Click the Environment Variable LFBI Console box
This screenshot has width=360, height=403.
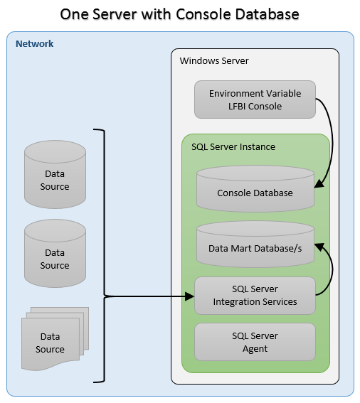coord(255,100)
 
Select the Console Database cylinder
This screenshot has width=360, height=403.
coord(255,189)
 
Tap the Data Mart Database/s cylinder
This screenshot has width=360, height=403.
coord(255,245)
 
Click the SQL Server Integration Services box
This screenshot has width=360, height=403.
coord(255,296)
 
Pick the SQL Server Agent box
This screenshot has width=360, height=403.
coord(255,342)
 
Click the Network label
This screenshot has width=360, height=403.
coord(34,43)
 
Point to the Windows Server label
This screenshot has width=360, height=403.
coord(214,61)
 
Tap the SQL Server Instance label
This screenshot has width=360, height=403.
coord(233,146)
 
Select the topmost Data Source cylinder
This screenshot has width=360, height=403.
coord(55,175)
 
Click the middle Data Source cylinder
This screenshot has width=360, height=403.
coord(55,254)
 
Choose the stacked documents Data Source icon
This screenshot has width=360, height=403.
coord(55,339)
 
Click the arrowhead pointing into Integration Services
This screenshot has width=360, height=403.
coord(190,296)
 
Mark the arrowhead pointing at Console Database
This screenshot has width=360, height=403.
coord(319,183)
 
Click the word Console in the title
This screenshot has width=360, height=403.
coord(203,14)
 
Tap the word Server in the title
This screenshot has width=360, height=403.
coord(115,14)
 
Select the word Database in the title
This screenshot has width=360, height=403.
coord(267,14)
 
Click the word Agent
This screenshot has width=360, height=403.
coord(255,349)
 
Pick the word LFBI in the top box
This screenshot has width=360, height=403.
coord(237,106)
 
